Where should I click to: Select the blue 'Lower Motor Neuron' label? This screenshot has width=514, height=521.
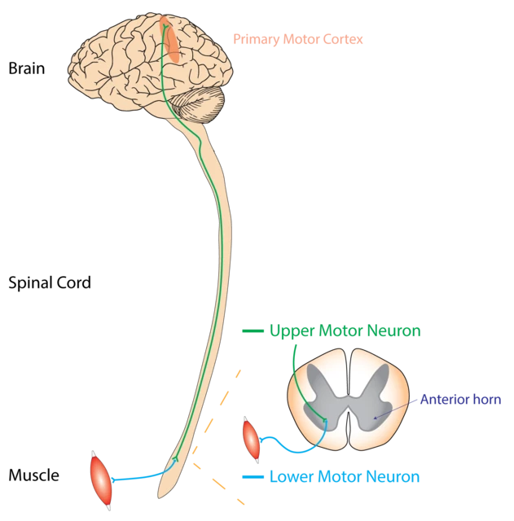pyautogui.click(x=344, y=477)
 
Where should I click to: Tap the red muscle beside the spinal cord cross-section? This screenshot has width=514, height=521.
pyautogui.click(x=252, y=439)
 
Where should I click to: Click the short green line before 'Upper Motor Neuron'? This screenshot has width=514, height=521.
pyautogui.click(x=253, y=332)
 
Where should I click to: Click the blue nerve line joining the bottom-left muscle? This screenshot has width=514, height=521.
pyautogui.click(x=138, y=478)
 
